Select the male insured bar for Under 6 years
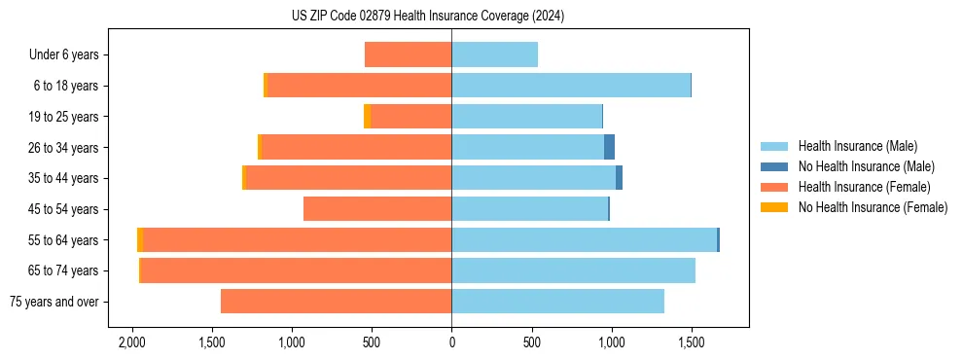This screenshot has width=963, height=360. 494,54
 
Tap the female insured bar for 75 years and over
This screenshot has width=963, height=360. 336,302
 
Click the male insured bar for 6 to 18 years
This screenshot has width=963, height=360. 571,86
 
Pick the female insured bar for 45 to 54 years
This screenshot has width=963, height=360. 377,209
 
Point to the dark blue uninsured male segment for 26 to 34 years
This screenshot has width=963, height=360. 609,147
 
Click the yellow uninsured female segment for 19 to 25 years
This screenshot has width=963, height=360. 367,117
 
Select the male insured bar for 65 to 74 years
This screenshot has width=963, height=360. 573,270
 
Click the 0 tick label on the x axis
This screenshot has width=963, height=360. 451,343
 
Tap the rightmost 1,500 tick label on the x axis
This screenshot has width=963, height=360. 691,343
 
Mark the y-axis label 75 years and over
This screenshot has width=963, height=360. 53,302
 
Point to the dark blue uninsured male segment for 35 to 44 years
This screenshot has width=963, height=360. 619,178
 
